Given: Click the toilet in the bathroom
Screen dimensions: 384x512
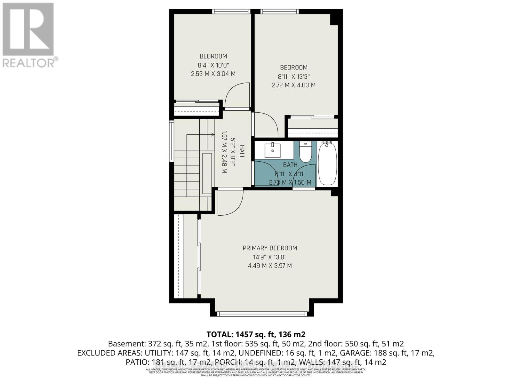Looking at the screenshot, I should tap(305, 152).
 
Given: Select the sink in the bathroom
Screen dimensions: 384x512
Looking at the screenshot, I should tap(273, 150).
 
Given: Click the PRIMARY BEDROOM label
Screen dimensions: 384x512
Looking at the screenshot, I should tap(270, 248).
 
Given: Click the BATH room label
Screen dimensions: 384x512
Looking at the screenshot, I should tap(290, 165).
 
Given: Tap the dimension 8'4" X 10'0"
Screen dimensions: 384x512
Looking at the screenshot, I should tap(213, 65).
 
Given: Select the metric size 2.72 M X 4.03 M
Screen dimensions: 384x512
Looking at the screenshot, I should tap(294, 85).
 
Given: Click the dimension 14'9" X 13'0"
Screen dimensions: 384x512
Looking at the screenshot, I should tap(270, 257).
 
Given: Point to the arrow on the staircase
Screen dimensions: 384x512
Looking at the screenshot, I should tap(212, 135).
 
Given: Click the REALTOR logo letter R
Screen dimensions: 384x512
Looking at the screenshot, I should tap(28, 29).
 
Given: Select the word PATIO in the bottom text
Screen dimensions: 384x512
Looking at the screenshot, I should tap(136, 362).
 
